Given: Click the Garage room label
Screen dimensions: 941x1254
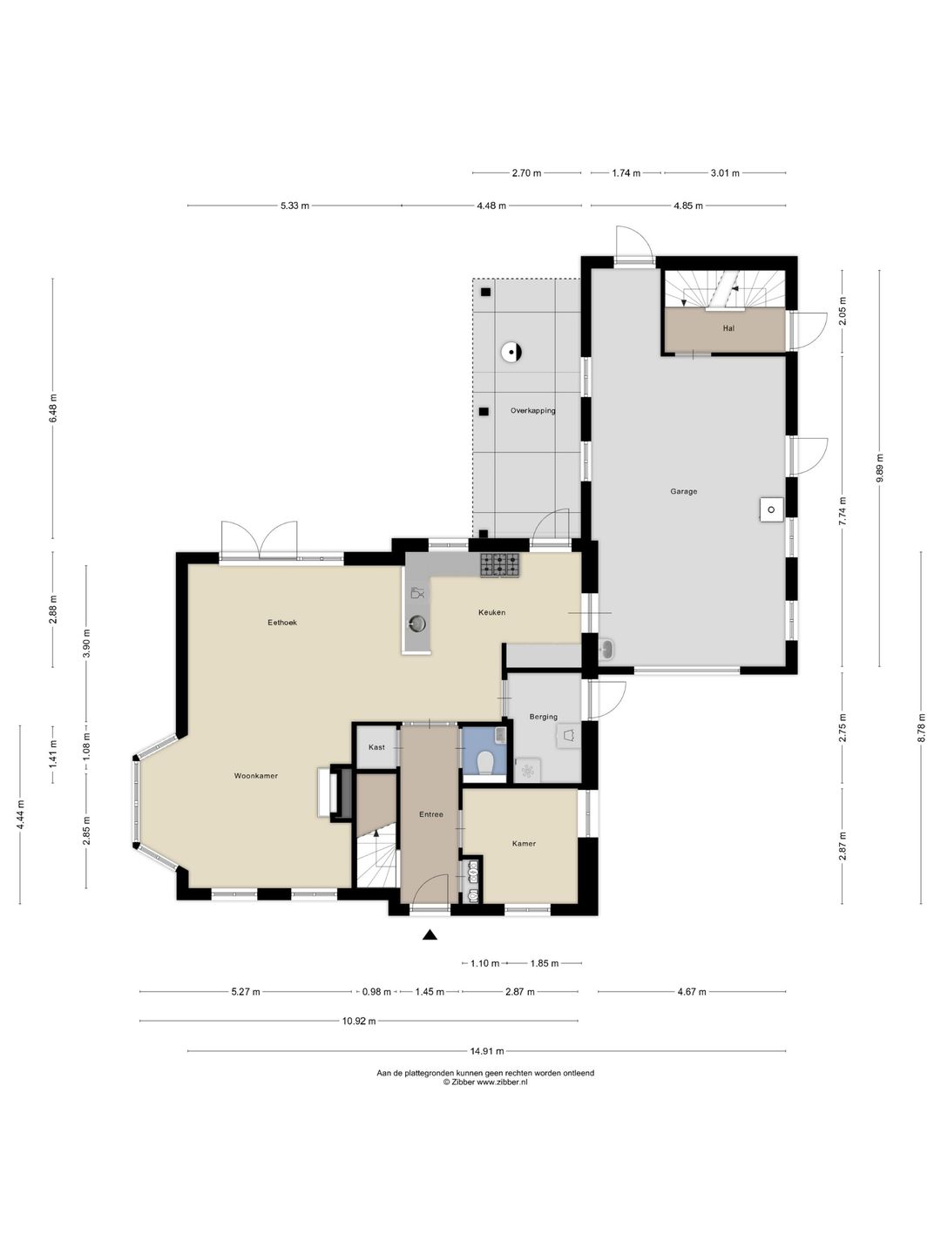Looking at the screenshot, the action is [683, 491].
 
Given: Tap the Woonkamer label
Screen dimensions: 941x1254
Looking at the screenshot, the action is [256, 776].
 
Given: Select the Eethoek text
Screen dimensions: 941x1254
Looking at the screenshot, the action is [282, 622].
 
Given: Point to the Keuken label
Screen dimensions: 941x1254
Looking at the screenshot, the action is [492, 612].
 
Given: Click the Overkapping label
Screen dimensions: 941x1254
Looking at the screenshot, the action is [532, 410].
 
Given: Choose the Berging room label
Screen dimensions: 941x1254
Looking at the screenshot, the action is [544, 717].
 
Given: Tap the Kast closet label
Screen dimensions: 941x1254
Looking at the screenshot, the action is [376, 747].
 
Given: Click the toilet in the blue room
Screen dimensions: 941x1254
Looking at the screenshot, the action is [485, 763].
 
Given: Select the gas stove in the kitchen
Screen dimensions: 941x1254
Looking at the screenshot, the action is [500, 565].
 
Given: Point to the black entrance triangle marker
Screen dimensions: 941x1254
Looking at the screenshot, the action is [430, 934].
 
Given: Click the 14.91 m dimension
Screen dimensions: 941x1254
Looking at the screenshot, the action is [487, 1050].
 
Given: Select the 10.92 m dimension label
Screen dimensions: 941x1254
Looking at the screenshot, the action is [359, 1021].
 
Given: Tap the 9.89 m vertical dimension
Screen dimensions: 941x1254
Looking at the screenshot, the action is [880, 468].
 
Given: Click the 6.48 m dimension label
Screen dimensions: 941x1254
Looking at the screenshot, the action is [53, 408].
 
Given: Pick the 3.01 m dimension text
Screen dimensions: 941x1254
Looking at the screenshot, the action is [725, 173].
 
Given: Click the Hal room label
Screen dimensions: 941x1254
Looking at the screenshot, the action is [728, 328].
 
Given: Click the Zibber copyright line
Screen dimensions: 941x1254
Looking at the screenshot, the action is [485, 1082].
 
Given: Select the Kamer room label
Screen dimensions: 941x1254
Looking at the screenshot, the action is [524, 843].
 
